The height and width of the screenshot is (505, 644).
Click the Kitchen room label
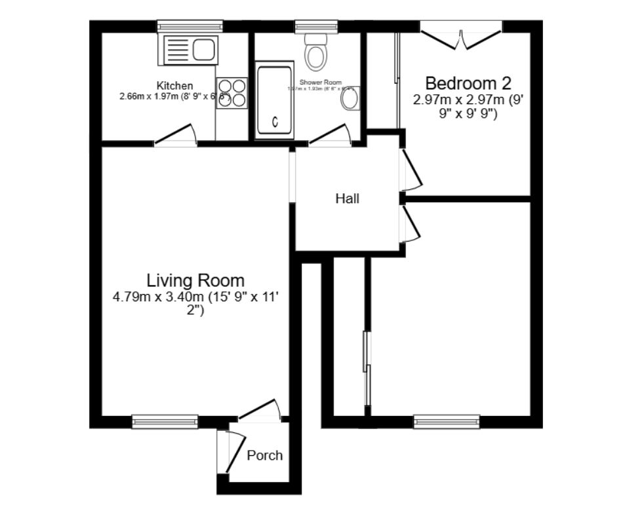[174, 86]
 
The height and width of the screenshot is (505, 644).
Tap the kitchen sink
[190, 50]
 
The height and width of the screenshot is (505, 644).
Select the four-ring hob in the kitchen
[232, 92]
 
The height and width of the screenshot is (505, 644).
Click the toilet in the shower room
[316, 53]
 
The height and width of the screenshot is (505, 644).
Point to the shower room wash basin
[350, 100]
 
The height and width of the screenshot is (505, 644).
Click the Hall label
[347, 198]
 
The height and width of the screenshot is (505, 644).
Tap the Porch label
[265, 455]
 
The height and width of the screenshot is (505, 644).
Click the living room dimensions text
[195, 304]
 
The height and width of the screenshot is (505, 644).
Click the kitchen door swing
[176, 134]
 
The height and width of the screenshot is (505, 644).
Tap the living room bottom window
[165, 421]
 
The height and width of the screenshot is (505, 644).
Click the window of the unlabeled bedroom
[446, 421]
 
